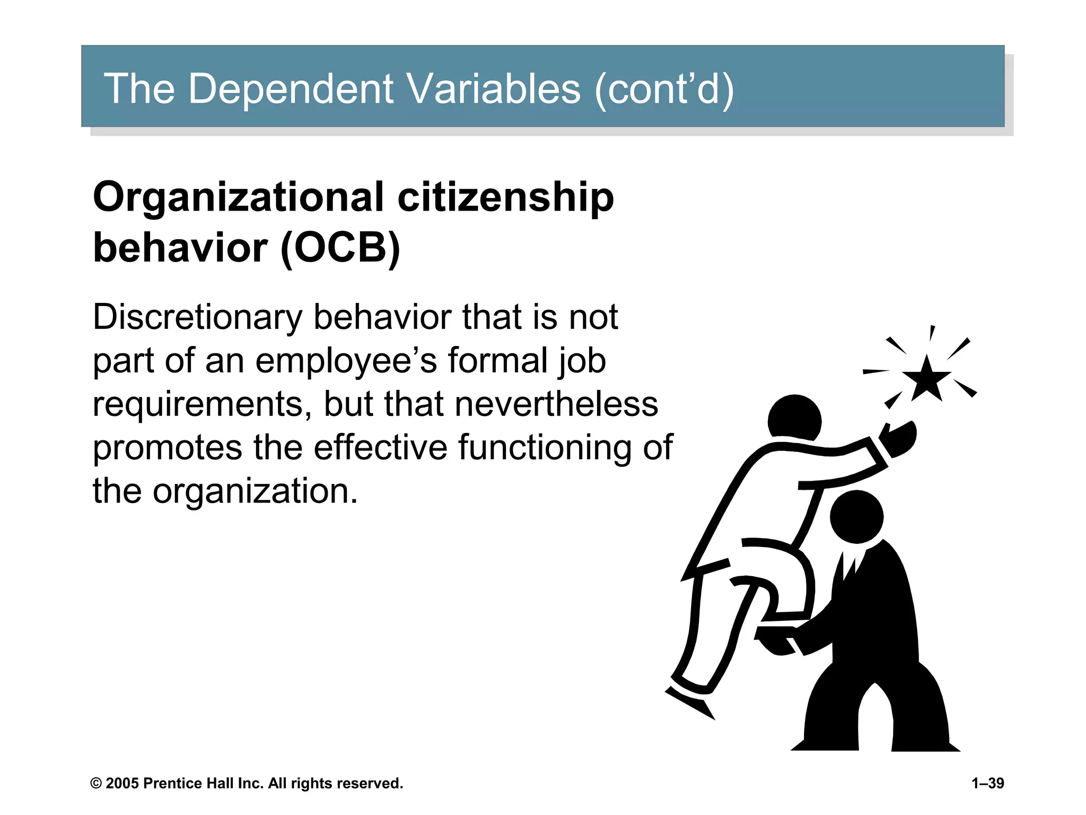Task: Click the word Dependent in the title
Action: [291, 89]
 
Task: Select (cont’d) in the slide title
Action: [664, 89]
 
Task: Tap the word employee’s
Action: [346, 361]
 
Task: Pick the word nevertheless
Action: [556, 404]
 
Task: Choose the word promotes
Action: [168, 448]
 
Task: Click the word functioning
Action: [544, 448]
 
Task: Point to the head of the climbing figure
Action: [794, 419]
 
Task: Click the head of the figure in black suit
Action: [856, 517]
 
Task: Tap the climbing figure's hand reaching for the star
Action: [899, 438]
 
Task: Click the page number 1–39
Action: [987, 783]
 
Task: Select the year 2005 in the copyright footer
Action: [122, 784]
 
